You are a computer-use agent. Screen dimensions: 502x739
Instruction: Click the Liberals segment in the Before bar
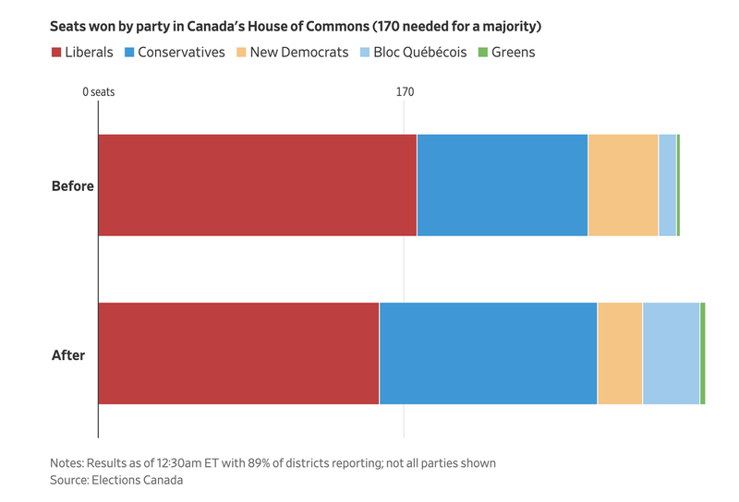click(x=257, y=185)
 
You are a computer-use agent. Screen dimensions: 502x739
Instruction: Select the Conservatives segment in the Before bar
click(x=502, y=185)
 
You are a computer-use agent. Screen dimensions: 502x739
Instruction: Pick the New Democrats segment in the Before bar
click(x=623, y=185)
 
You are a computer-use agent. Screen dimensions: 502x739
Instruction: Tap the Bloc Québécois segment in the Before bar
click(x=667, y=185)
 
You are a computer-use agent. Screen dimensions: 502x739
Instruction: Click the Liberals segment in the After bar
click(x=238, y=353)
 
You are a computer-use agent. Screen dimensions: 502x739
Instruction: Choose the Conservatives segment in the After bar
click(x=488, y=353)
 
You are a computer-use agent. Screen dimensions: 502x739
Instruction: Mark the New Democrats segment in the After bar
click(x=620, y=353)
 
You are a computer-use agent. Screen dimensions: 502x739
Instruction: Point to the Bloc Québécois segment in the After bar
click(x=671, y=353)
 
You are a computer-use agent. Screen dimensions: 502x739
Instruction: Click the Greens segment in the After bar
click(x=703, y=353)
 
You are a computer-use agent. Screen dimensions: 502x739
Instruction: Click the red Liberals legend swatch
click(x=55, y=53)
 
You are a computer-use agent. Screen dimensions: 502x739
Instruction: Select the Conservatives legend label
click(x=181, y=53)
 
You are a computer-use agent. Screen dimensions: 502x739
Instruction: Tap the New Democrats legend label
click(x=298, y=53)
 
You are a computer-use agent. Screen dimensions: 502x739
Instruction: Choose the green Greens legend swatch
click(x=482, y=53)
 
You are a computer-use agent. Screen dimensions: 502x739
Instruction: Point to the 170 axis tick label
click(x=405, y=92)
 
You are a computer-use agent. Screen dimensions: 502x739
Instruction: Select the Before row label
click(x=72, y=185)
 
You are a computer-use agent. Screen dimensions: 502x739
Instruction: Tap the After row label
click(x=68, y=353)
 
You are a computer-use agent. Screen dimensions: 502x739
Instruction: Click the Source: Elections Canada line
click(x=116, y=480)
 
